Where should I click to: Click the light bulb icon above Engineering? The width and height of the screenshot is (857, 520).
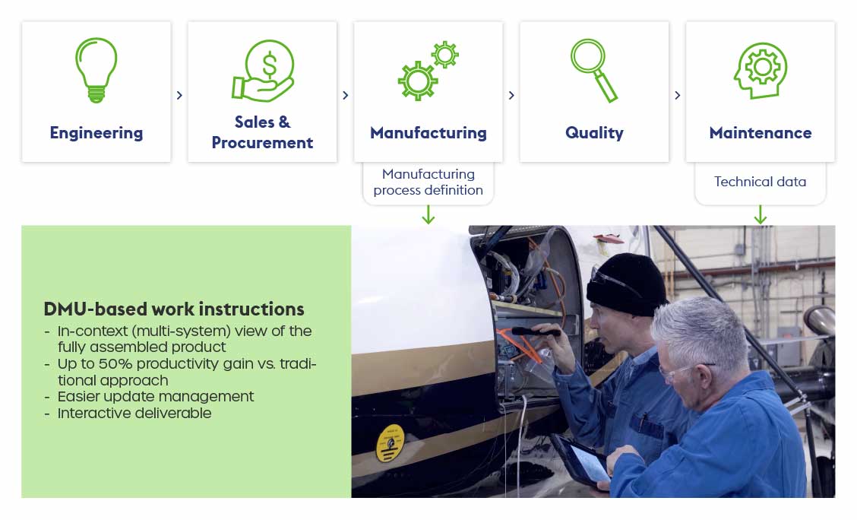[96, 70]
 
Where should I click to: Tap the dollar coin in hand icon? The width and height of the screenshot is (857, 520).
[263, 71]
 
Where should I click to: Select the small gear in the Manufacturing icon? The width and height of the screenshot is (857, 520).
[445, 54]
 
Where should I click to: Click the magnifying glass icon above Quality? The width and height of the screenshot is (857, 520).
[594, 70]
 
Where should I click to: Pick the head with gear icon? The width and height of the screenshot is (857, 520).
[761, 71]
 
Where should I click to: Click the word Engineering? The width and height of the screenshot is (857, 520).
[96, 133]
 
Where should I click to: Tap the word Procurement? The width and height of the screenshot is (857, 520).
[262, 143]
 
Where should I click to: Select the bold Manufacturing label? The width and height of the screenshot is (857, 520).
[428, 133]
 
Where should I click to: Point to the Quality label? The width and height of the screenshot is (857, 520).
[594, 133]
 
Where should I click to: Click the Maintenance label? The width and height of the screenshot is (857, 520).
[761, 133]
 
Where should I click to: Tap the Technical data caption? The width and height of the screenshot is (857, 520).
[761, 182]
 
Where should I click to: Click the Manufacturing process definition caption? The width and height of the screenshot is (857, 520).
[428, 182]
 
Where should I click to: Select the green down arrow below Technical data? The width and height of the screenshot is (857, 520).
[761, 214]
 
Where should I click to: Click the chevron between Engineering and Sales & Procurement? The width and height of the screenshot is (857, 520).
[179, 95]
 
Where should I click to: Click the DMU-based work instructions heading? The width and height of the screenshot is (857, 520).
[174, 309]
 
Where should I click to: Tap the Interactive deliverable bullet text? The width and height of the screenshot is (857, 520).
[134, 413]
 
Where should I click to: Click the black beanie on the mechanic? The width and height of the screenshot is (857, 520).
[626, 284]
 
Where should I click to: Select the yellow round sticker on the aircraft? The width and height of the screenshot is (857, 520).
[391, 443]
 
